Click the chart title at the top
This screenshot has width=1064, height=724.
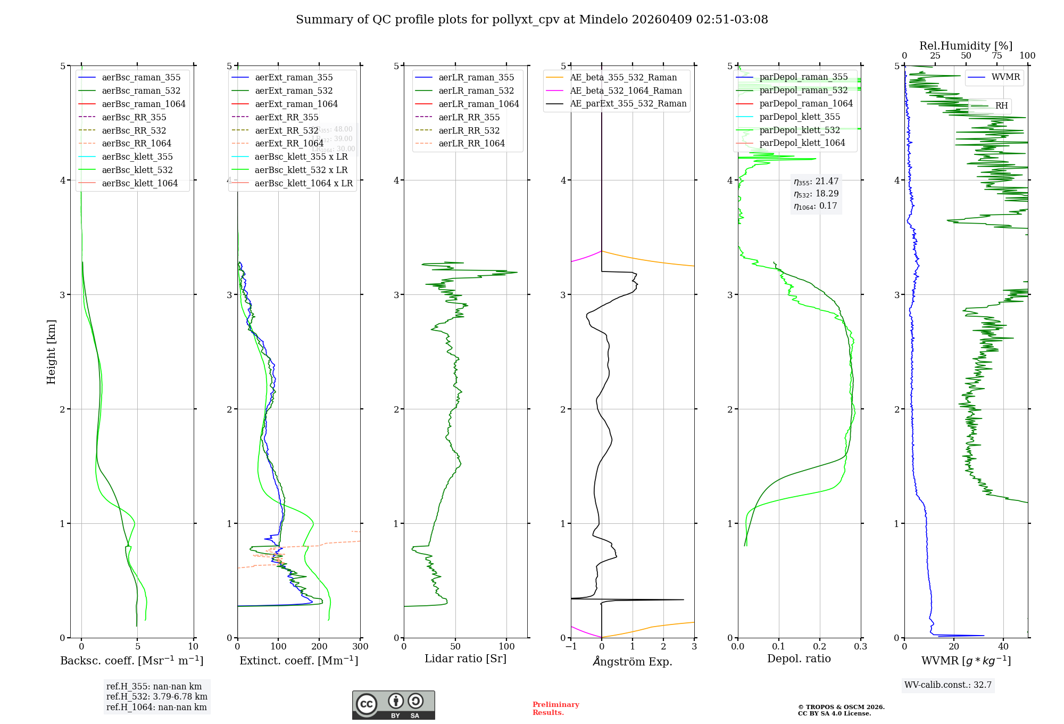[x=531, y=20]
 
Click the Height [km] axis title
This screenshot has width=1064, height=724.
[x=51, y=352]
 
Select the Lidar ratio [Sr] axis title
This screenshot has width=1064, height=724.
[x=465, y=659]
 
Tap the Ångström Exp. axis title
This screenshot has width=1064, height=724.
[x=633, y=661]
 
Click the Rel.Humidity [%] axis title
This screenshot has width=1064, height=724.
[x=966, y=46]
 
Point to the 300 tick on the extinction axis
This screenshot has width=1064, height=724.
[x=361, y=646]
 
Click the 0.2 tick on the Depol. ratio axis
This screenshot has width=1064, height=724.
[x=820, y=646]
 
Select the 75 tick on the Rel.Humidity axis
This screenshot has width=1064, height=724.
[x=996, y=56]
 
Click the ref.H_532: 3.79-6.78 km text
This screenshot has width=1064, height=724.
[x=157, y=696]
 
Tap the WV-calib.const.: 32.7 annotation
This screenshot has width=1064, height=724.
[x=948, y=685]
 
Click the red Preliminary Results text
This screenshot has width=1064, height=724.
[x=555, y=708]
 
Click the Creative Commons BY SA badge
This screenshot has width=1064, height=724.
[x=393, y=705]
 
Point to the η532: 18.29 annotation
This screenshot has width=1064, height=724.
[x=816, y=194]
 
